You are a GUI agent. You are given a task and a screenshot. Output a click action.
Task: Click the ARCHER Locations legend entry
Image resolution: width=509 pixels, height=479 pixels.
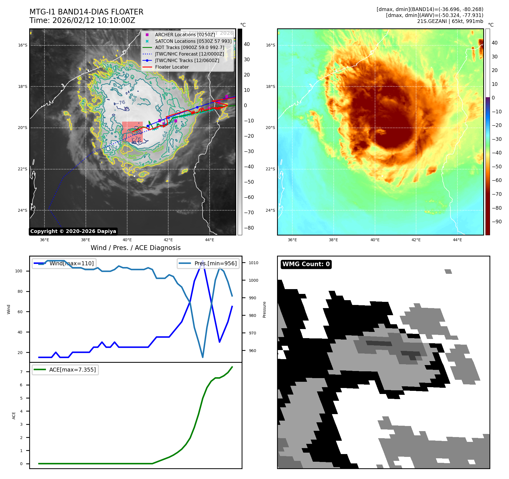tap(185, 35)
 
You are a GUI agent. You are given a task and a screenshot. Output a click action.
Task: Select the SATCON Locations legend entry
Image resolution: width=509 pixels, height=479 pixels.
tap(193, 41)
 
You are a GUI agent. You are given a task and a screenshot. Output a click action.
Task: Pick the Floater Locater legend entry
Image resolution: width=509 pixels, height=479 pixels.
tap(172, 67)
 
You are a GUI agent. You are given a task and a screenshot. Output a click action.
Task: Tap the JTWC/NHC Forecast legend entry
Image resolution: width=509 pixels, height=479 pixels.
tap(189, 54)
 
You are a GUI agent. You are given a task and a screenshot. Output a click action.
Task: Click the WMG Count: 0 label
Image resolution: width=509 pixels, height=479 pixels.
tap(306, 264)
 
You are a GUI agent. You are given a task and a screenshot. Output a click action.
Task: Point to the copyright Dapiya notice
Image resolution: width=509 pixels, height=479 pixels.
tap(73, 231)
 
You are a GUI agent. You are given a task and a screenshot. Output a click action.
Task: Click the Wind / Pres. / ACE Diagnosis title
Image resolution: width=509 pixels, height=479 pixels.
tap(135, 248)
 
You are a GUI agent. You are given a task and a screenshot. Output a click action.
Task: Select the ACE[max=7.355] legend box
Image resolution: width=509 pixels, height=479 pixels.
tap(65, 370)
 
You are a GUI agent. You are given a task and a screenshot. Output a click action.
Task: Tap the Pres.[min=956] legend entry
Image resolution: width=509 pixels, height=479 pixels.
tap(208, 263)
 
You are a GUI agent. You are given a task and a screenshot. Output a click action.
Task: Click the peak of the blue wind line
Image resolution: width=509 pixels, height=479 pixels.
tap(203, 260)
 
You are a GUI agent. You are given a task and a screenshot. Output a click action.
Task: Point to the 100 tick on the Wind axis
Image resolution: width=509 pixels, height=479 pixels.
tap(19, 271)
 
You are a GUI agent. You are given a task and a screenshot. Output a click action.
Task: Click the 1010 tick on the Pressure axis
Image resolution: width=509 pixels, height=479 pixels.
tap(254, 263)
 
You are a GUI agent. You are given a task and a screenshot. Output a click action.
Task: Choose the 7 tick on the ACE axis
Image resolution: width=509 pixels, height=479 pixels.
tap(21, 372)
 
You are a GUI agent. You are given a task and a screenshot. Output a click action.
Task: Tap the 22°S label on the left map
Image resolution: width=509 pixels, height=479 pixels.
tap(23, 169)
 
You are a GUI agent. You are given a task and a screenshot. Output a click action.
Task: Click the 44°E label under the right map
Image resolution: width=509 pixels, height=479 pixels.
tap(457, 240)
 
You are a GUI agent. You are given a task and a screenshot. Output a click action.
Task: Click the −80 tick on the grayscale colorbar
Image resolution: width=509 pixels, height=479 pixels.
tap(249, 228)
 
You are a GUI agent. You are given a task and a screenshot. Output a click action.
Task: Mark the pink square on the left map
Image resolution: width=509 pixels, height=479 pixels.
tap(132, 132)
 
